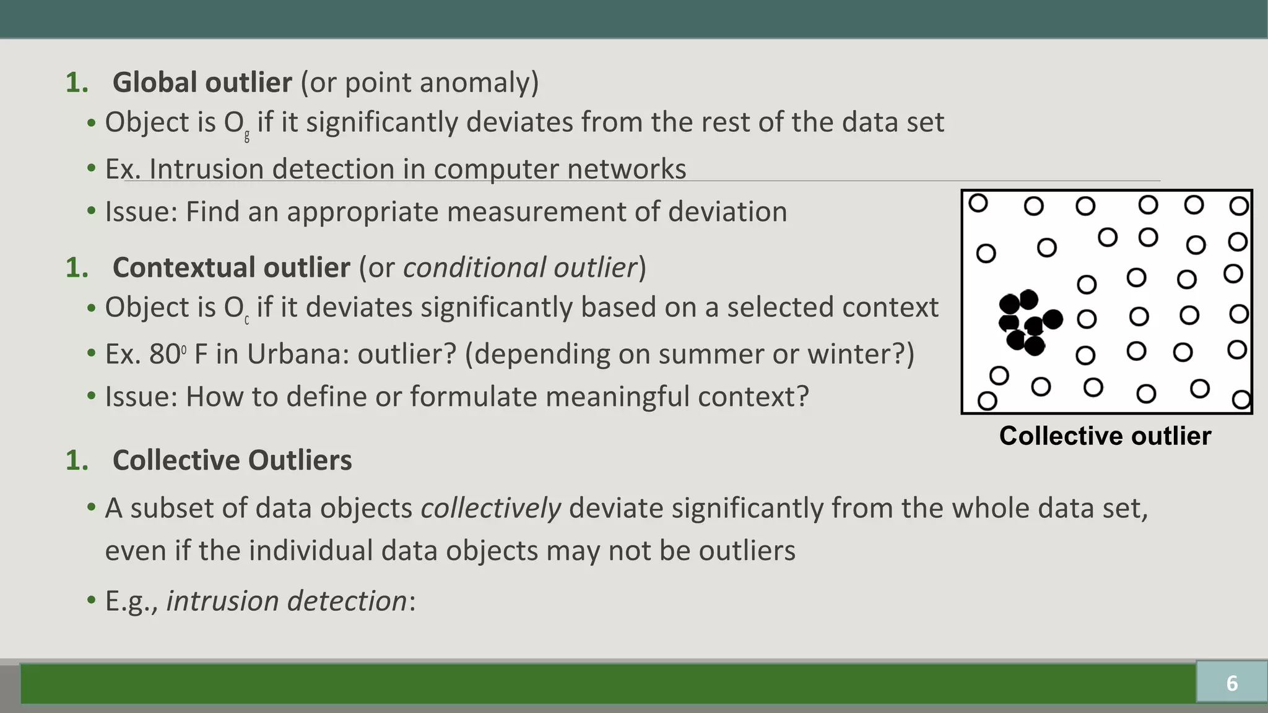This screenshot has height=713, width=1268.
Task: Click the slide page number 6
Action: coord(1231,683)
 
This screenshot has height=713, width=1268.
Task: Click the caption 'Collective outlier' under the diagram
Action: coord(1105,436)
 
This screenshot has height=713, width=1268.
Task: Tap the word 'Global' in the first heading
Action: coord(155,82)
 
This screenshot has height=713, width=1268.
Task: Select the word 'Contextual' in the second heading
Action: coord(180,267)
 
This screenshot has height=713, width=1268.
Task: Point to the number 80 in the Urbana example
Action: coord(164,354)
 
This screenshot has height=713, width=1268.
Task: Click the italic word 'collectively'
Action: coord(490,509)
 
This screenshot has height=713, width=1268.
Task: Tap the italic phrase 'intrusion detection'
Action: coord(287,601)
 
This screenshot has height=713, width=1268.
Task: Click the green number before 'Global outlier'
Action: coord(77,83)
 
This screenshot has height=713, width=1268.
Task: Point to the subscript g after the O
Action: coord(247,136)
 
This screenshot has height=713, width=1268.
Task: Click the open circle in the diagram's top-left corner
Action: coord(978,202)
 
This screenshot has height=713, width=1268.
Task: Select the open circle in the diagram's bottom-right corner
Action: coord(1241,399)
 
